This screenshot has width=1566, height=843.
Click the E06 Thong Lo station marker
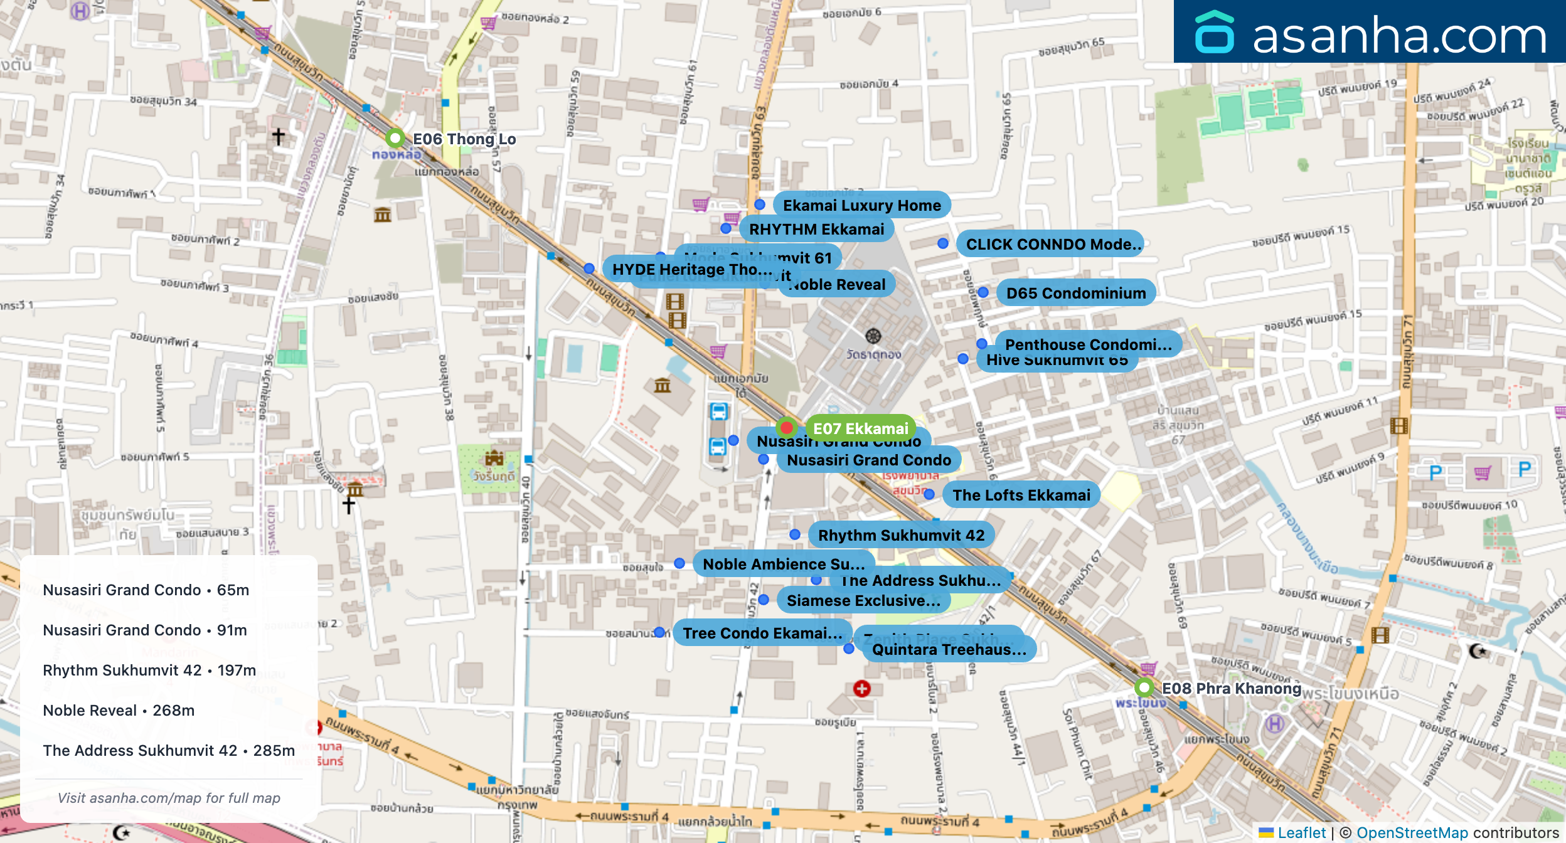click(x=395, y=137)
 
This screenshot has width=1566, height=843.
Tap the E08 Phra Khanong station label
click(x=1231, y=688)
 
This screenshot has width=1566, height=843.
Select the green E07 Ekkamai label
click(x=860, y=428)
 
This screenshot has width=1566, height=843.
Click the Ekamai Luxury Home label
click(x=861, y=205)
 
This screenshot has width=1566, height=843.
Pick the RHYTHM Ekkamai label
click(x=816, y=229)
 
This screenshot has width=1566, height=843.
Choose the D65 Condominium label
click(x=1075, y=293)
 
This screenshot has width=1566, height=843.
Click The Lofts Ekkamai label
click(x=1021, y=495)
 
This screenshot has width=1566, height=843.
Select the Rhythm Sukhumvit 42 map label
click(x=901, y=535)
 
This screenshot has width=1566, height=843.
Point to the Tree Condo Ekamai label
click(x=762, y=633)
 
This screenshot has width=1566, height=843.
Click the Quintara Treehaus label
click(x=948, y=650)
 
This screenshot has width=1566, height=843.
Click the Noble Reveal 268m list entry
click(x=119, y=710)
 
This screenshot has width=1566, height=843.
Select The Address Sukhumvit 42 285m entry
click(x=168, y=750)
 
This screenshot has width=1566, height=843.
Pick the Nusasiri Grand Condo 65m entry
click(x=146, y=590)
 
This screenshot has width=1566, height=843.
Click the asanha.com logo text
click(x=1398, y=36)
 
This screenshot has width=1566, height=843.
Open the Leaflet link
click(x=1301, y=832)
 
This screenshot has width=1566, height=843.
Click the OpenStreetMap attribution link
click(x=1412, y=832)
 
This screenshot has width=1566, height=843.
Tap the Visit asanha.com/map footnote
click(x=169, y=798)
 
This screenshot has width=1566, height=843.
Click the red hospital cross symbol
click(x=862, y=689)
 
